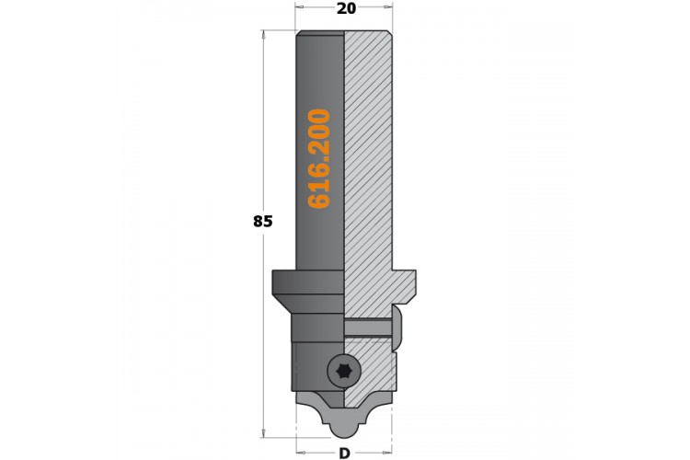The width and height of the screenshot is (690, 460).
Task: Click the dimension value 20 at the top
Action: [346, 8]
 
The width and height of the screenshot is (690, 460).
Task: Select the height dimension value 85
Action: [263, 221]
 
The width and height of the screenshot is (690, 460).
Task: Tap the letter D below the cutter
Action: [345, 453]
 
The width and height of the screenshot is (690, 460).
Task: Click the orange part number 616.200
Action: [319, 158]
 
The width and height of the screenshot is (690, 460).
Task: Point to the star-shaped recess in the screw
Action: [344, 372]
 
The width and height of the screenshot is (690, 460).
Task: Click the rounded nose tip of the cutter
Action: [344, 433]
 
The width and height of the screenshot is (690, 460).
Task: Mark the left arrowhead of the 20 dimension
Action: [299, 7]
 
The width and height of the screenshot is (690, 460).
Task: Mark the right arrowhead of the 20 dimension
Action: [388, 7]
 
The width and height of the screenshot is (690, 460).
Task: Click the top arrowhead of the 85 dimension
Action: [263, 34]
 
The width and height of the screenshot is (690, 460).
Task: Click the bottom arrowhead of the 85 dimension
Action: [263, 433]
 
